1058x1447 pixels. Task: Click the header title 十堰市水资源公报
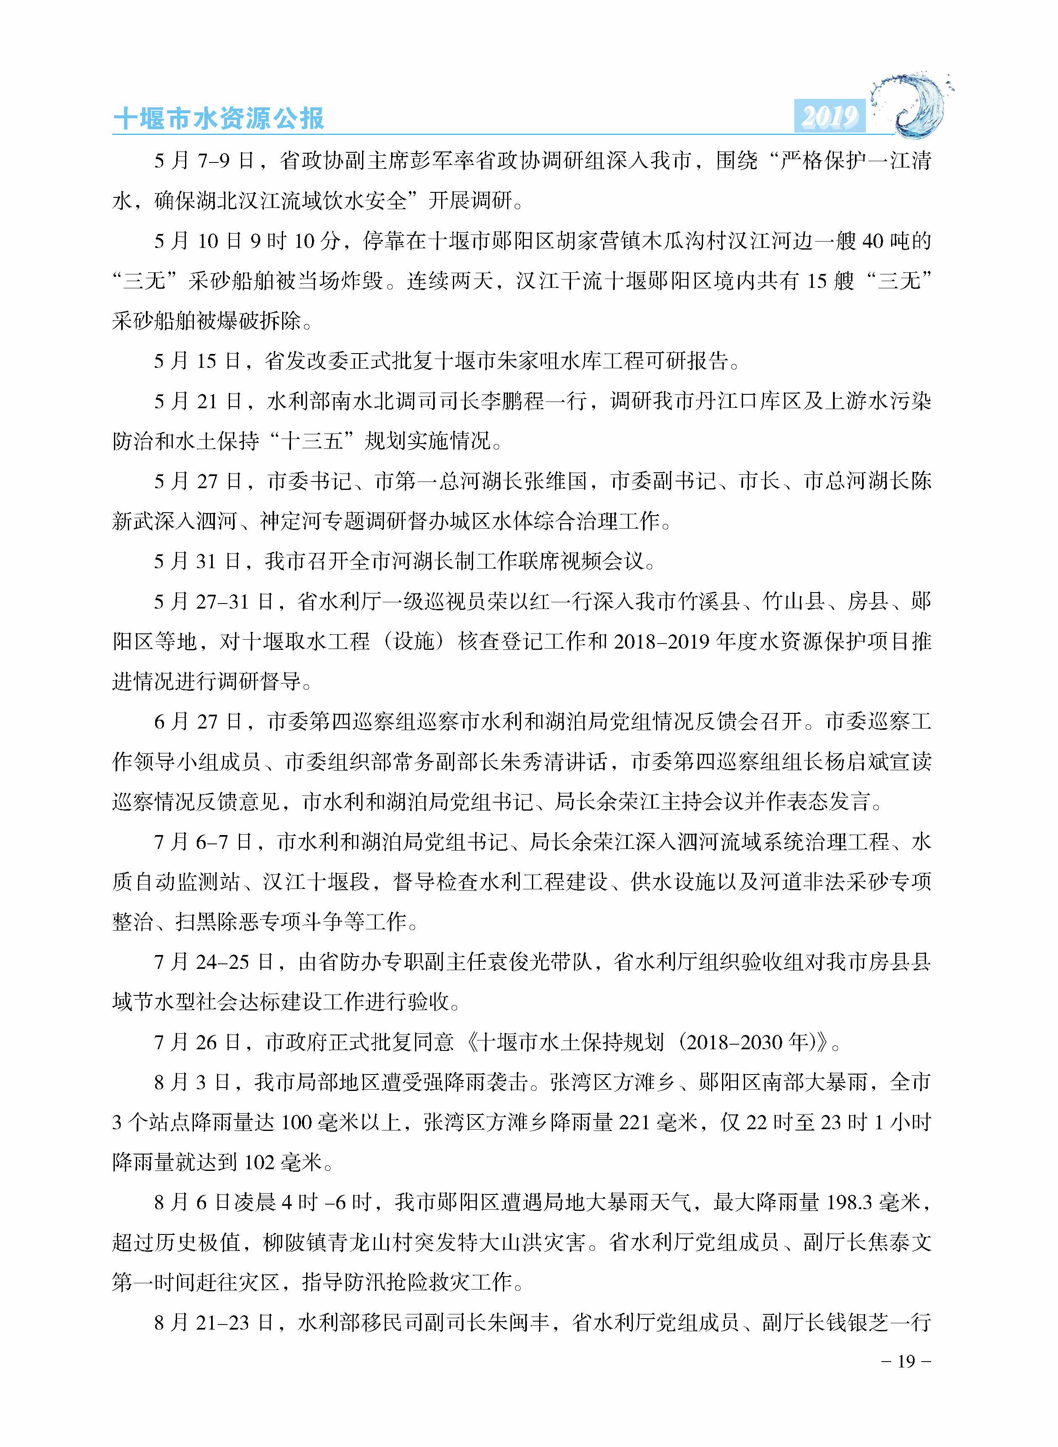click(x=218, y=118)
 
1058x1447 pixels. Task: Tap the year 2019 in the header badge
click(x=829, y=116)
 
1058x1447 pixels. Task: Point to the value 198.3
click(x=850, y=1202)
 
